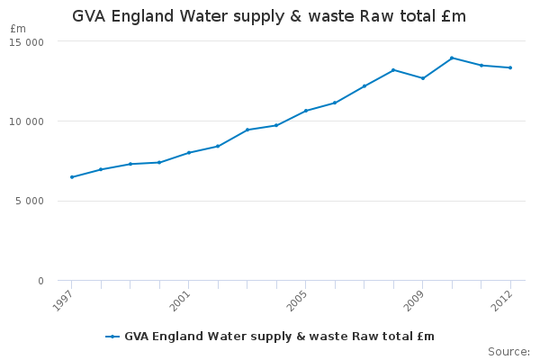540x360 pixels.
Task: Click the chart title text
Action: point(269,17)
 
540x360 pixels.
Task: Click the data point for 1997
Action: point(71,177)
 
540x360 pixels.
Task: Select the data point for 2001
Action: point(188,153)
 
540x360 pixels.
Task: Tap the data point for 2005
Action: point(305,111)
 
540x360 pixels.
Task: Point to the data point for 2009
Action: point(423,78)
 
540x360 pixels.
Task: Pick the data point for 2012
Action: point(510,67)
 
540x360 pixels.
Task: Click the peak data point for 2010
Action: point(452,58)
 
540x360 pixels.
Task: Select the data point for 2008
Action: point(393,70)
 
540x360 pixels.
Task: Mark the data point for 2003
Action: point(247,130)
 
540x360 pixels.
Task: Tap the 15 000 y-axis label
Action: point(28,42)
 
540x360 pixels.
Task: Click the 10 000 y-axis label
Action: point(28,121)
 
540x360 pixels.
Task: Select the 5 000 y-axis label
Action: point(30,202)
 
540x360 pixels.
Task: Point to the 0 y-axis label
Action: point(40,282)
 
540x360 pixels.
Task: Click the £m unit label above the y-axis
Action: point(18,29)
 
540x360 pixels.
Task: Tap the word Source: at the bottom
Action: point(508,351)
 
